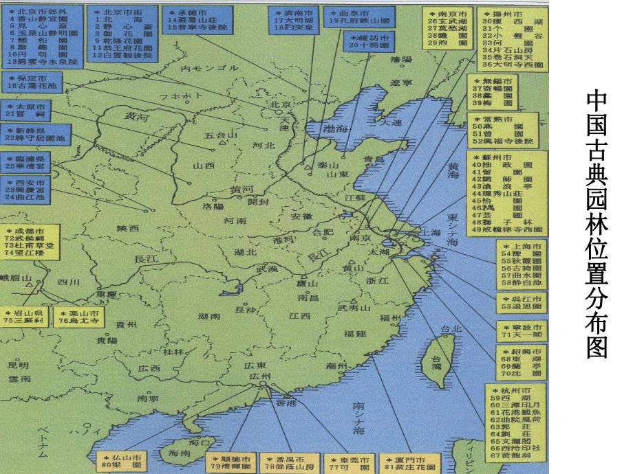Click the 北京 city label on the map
point(277,104)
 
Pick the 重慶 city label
point(107,293)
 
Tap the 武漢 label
point(266,269)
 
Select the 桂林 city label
point(174,352)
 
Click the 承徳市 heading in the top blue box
point(192,14)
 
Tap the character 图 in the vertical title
point(597,347)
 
